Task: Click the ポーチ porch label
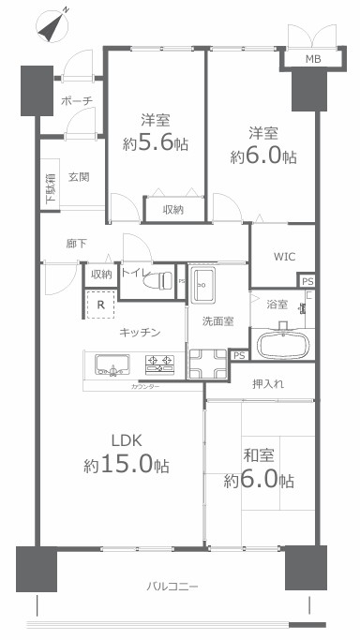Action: [74, 99]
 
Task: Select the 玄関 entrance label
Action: [79, 177]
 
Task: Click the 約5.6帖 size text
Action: [154, 143]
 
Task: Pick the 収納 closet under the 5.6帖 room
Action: [172, 209]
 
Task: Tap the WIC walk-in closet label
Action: [285, 257]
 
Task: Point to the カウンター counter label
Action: [145, 387]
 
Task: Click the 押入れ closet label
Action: [269, 383]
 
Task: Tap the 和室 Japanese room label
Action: [258, 456]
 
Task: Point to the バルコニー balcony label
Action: [172, 587]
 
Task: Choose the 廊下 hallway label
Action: [77, 244]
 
